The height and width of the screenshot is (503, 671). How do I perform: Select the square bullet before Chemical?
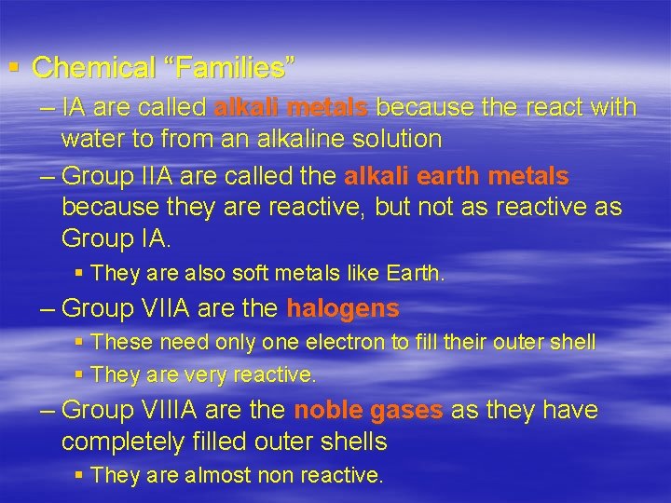point(13,67)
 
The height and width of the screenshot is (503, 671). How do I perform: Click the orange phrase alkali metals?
point(291,108)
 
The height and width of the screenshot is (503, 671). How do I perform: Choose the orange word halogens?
point(343,308)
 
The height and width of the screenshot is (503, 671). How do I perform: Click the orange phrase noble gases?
point(368,411)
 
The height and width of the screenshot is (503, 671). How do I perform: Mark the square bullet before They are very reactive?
point(79,375)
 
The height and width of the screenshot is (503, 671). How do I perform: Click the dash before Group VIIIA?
point(48,411)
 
